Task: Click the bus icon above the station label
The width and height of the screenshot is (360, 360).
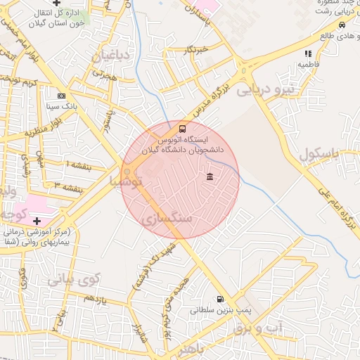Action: point(183,129)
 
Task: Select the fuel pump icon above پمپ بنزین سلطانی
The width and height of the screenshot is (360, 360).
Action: point(222,299)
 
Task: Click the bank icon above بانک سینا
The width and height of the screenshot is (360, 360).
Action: point(62,96)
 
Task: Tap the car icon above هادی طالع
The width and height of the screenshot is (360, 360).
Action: point(342,25)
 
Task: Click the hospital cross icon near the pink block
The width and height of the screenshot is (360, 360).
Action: point(37,221)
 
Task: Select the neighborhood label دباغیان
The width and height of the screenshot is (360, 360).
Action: point(113,56)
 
